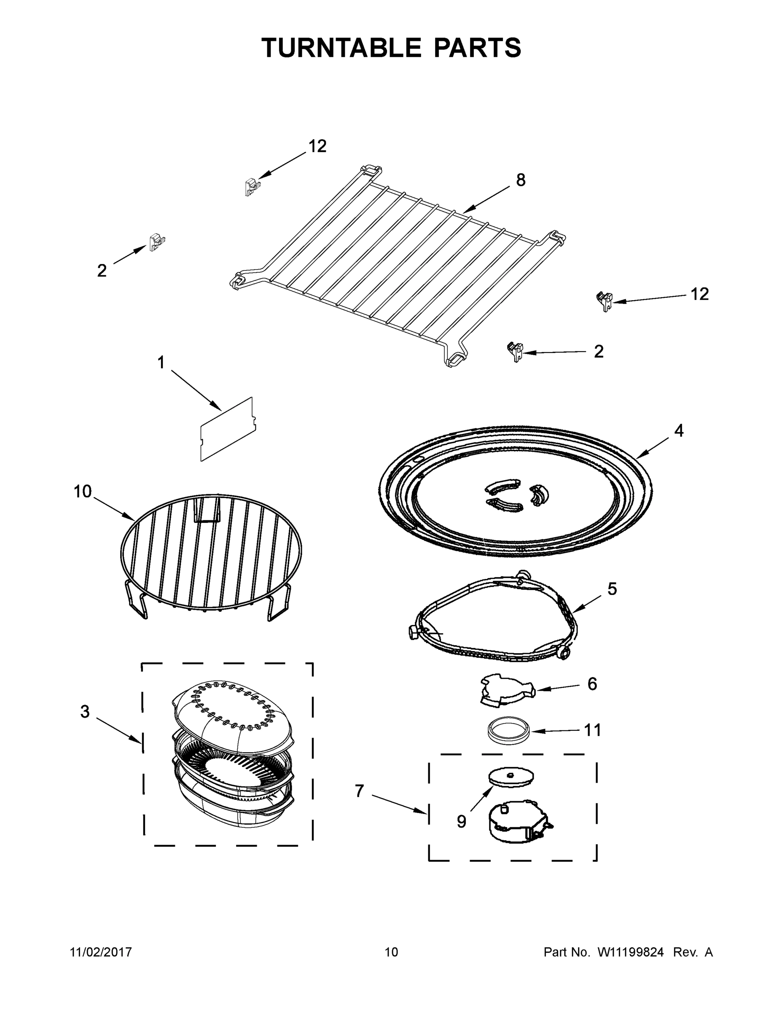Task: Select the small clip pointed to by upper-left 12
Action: pos(252,186)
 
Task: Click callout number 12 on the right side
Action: pos(699,294)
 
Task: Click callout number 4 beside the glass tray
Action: pos(678,431)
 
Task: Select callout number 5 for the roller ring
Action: pos(612,589)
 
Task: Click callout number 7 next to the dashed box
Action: pos(359,791)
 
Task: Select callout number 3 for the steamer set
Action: pos(85,711)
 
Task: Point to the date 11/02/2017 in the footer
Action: pos(101,952)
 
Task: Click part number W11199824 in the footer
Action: pos(631,952)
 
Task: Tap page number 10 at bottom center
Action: pos(392,952)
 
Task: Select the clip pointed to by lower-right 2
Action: pos(516,352)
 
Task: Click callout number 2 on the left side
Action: pos(102,271)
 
